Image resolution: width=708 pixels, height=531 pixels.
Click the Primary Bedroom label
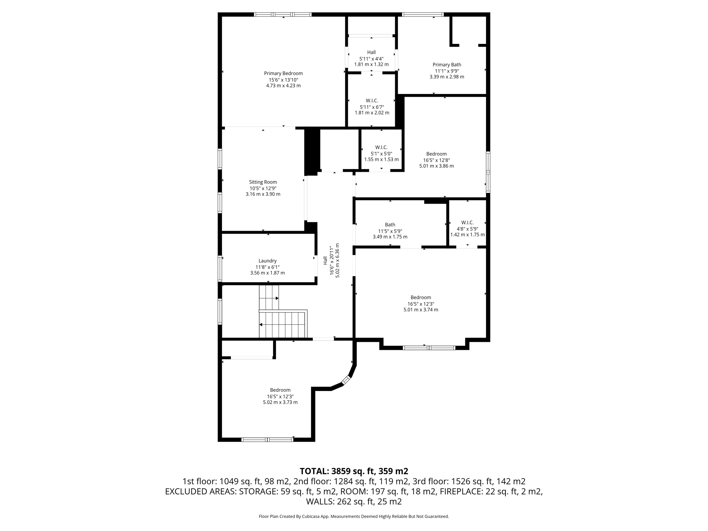point(283,73)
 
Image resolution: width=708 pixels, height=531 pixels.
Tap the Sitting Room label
point(263,182)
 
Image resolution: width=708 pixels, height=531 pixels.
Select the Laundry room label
point(267,261)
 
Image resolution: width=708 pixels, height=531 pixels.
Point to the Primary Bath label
point(447,65)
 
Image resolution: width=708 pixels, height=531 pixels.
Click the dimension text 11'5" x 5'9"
point(390,231)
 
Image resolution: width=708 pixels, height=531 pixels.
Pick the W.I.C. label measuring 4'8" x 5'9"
point(467,223)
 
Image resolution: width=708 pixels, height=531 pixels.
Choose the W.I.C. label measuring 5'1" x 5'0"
point(381,147)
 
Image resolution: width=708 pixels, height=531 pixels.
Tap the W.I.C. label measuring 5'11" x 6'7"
point(372,101)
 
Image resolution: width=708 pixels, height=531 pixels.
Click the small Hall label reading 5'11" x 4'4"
point(371,52)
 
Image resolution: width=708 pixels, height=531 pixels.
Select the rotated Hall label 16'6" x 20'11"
point(325,260)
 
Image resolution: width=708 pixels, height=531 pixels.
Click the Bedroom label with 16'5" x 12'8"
point(436,154)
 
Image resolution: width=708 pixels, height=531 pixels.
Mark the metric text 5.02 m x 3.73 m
point(280,402)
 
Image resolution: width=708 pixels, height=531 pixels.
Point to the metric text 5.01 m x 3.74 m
point(421,310)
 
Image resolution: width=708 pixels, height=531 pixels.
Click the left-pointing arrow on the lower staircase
point(261,325)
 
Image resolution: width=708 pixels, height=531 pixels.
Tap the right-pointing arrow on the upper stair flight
point(277,298)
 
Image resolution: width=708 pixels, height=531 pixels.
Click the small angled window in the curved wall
point(346,380)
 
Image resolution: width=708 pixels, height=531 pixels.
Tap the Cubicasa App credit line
point(354,516)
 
